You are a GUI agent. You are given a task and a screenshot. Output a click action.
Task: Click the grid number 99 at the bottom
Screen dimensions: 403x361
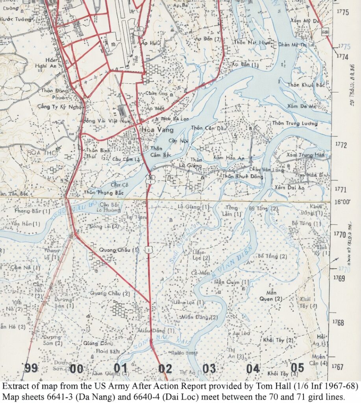31,368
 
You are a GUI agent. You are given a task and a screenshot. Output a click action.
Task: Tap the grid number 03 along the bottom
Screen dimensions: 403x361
209,369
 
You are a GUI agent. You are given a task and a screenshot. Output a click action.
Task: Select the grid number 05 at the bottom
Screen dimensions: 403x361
298,368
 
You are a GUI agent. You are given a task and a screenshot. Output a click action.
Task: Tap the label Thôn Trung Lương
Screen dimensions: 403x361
294,124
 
